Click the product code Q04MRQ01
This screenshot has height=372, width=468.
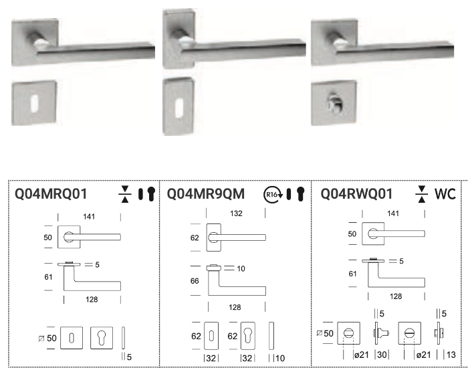point(51,193)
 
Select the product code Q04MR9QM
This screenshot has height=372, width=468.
point(206,193)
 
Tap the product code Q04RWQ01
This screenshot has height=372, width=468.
point(356,193)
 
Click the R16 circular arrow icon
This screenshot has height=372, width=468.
point(273,194)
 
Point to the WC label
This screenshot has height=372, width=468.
point(445,194)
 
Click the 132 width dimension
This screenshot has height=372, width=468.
point(236,213)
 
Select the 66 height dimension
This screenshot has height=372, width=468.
point(195,281)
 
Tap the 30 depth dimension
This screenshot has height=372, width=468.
point(382,355)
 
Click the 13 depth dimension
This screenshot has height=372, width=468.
point(451,355)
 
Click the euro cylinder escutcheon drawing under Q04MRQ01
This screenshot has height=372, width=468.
point(102,338)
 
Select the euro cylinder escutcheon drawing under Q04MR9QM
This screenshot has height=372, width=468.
point(248,336)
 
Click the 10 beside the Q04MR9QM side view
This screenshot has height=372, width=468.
point(241,268)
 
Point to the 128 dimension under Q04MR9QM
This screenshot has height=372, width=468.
point(235,307)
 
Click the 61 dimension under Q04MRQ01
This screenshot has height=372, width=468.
point(48,277)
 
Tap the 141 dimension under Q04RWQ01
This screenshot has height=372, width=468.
point(393,213)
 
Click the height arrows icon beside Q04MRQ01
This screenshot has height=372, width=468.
point(125,194)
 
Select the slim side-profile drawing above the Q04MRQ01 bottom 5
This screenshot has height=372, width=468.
point(123,338)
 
